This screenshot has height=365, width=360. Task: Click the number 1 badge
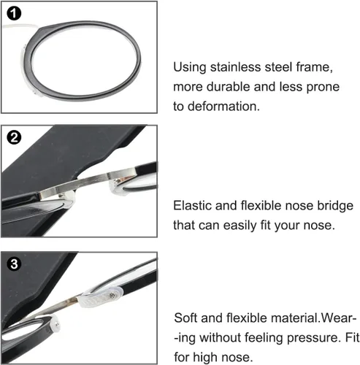(14, 13)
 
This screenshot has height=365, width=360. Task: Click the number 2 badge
(14, 138)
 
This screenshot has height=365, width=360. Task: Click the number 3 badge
(14, 264)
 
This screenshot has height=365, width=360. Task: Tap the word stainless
(236, 67)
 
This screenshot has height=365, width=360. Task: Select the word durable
(229, 87)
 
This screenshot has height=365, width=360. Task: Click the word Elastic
(193, 206)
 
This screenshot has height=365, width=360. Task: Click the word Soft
(186, 318)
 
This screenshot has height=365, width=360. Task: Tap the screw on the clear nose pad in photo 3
(112, 296)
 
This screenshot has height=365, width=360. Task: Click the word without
(221, 338)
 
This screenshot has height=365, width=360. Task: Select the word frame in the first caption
(314, 67)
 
